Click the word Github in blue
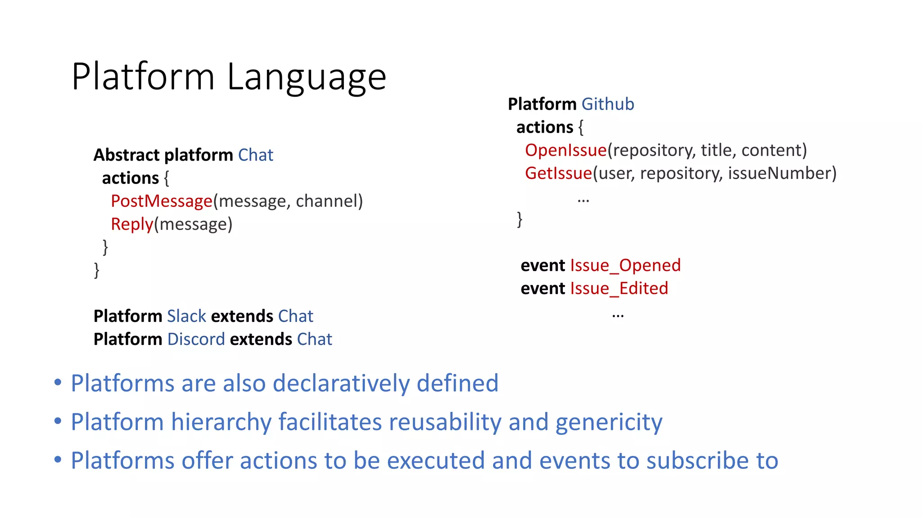[607, 104]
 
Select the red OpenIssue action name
[565, 150]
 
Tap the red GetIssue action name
[558, 173]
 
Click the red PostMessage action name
[161, 201]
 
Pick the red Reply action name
[132, 224]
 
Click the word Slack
[186, 316]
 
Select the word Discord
[196, 339]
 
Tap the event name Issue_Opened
[625, 265]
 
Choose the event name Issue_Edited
[619, 288]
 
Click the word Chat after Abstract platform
[255, 155]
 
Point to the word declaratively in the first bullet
[341, 384]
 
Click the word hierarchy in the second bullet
[221, 422]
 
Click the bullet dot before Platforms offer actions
[58, 460]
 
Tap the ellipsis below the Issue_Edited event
[618, 316]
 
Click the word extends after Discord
[261, 339]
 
